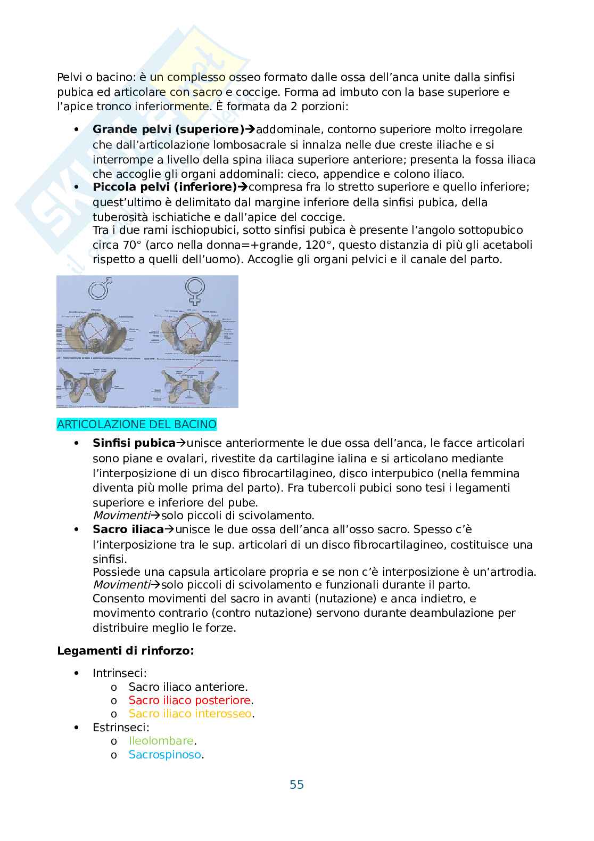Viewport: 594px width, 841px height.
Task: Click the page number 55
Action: click(x=296, y=785)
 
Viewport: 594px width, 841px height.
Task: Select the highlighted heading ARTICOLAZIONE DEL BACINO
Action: click(x=137, y=424)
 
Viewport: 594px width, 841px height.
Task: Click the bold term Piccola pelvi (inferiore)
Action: click(x=164, y=187)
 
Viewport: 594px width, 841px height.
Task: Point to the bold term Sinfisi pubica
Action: click(x=134, y=443)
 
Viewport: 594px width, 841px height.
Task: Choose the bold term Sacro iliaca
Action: click(x=128, y=529)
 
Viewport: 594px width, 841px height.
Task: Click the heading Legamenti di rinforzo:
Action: click(x=125, y=651)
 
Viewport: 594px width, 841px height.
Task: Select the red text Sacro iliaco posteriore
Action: click(x=189, y=700)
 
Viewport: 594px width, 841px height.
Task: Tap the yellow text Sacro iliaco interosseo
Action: click(x=190, y=714)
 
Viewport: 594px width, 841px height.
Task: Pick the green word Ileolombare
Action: click(x=161, y=741)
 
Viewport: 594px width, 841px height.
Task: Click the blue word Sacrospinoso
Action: click(x=165, y=755)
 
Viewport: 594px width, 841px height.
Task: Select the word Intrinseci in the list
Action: click(x=119, y=673)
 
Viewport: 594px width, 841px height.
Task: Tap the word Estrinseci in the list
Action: click(x=121, y=727)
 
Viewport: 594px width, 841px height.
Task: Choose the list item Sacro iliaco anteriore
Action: click(x=188, y=687)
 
